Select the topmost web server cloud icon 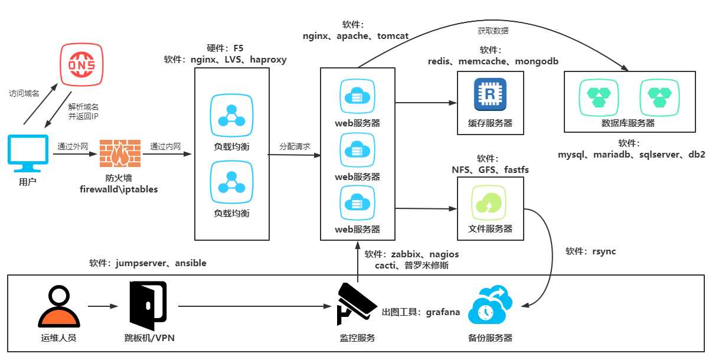click(357, 96)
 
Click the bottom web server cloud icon click(357, 202)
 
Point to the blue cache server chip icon click(490, 94)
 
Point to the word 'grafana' click(443, 312)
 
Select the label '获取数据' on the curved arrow click(493, 31)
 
